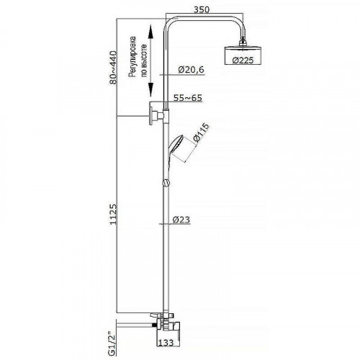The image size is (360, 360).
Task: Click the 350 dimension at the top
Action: (x=202, y=9)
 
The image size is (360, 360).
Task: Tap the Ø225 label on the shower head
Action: (x=243, y=60)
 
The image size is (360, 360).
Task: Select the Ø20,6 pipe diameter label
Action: (x=191, y=70)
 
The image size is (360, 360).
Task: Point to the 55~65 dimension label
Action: (x=188, y=98)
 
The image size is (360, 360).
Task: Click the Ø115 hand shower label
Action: (x=201, y=132)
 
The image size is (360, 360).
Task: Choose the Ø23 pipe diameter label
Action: (x=181, y=220)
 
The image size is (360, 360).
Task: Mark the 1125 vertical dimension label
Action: (x=113, y=215)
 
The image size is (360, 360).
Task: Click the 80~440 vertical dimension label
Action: (x=113, y=67)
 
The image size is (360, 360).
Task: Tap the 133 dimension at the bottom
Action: (x=166, y=343)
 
